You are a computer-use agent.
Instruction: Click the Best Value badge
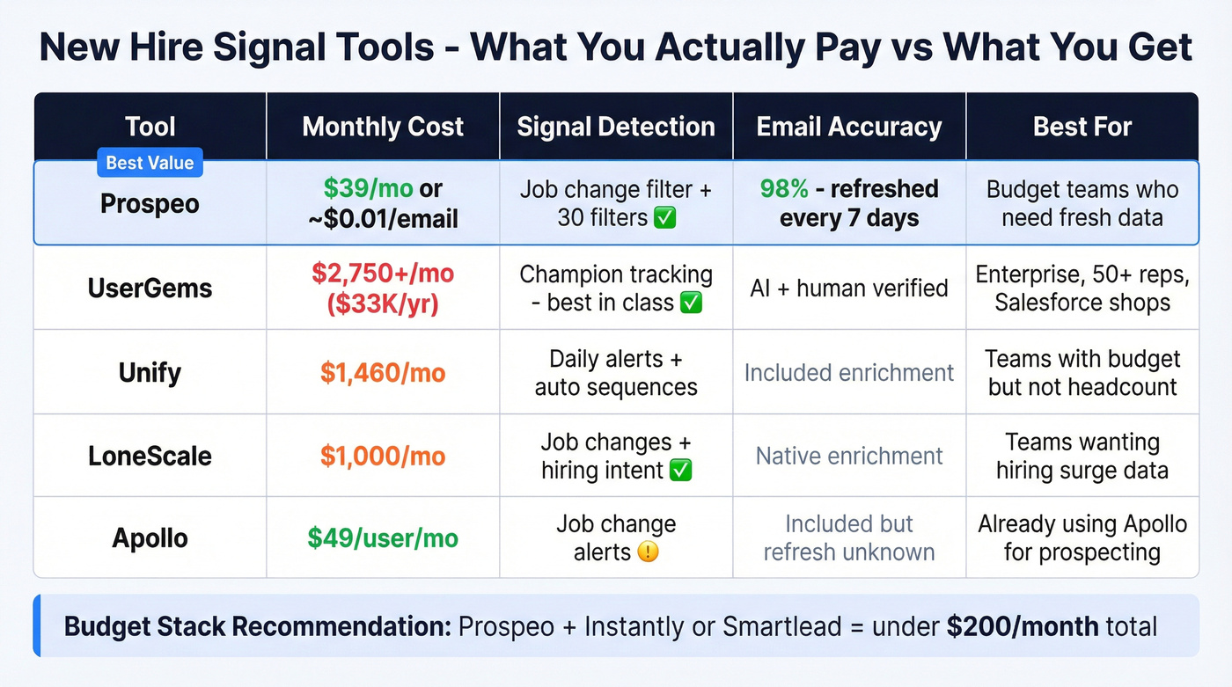tap(150, 163)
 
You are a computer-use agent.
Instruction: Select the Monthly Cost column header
tap(383, 127)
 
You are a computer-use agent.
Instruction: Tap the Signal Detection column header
tap(616, 127)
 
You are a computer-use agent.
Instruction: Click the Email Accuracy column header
tap(849, 127)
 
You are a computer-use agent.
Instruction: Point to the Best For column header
tap(1082, 127)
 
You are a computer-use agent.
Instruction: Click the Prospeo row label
tap(150, 204)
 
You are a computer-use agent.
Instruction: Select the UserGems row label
tap(150, 288)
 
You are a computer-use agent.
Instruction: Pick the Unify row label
tap(150, 372)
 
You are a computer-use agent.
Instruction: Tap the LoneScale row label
tap(150, 456)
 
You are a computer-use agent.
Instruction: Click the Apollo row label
tap(150, 537)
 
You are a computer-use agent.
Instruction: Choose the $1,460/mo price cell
tap(383, 372)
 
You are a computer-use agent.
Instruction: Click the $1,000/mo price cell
tap(383, 456)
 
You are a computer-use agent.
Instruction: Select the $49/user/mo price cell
tap(383, 537)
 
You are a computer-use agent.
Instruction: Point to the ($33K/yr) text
tap(383, 303)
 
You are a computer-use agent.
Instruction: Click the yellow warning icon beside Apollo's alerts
tap(648, 552)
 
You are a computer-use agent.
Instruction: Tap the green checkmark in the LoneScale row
tap(681, 471)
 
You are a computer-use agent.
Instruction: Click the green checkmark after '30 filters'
tap(665, 218)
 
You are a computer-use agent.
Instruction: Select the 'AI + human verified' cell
tap(849, 288)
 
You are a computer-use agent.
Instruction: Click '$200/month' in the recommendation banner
tap(1022, 627)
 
